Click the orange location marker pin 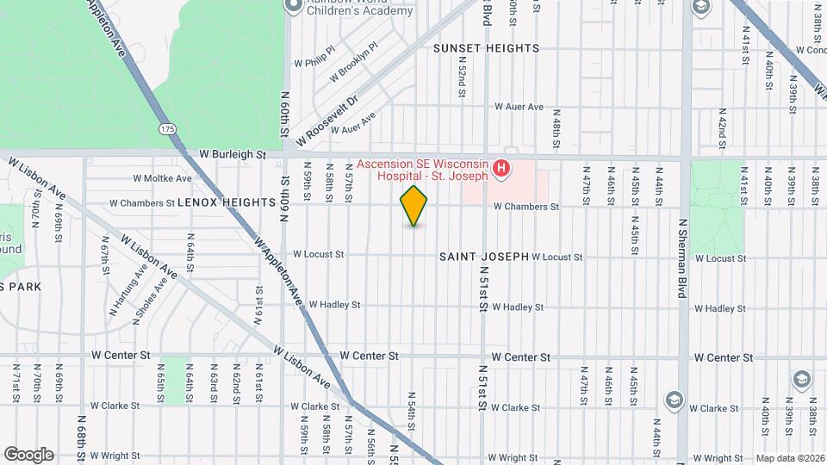pos(414,206)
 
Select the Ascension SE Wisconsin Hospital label pos(423,170)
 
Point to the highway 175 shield pos(167,128)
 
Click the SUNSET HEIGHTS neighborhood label pos(486,48)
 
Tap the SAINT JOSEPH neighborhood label pos(483,257)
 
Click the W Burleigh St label pos(233,154)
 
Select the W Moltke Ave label pos(163,178)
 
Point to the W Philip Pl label pos(314,62)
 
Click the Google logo pos(28,454)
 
